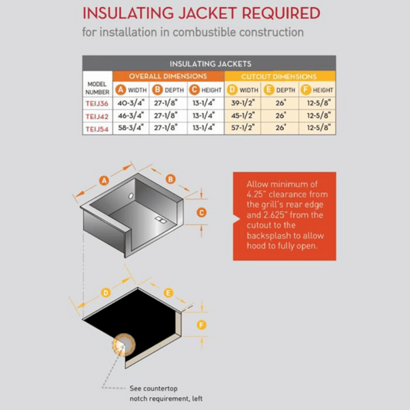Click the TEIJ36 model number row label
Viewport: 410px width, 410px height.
97,102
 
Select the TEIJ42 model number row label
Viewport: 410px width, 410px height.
97,116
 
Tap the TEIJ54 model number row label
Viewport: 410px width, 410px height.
97,129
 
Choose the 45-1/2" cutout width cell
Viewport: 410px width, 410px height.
245,116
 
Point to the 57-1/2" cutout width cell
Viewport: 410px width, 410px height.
245,129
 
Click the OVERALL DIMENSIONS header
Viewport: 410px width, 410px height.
168,77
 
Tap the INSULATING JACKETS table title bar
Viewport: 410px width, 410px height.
210,64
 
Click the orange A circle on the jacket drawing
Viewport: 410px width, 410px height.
102,180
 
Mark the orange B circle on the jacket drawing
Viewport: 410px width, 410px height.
171,178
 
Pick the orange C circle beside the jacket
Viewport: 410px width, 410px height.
202,212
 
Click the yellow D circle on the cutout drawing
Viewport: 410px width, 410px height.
105,292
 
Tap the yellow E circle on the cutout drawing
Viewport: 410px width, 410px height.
168,292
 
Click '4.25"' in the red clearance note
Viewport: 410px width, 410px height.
255,195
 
